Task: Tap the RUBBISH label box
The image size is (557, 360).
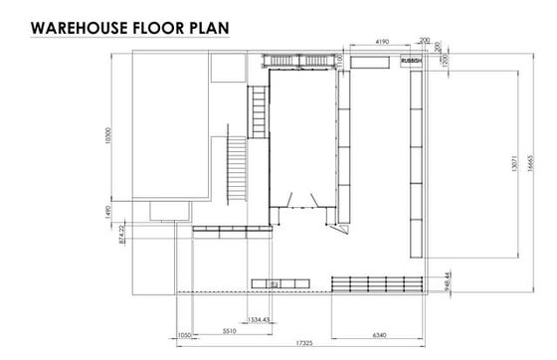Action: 412,61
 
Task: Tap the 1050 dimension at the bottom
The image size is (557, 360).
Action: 183,334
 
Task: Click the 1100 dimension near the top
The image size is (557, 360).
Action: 340,62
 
